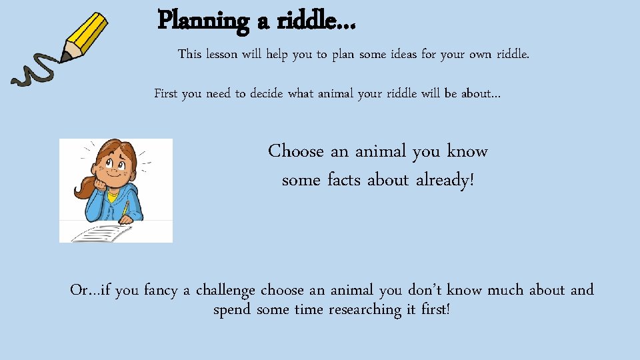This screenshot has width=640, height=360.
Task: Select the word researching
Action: pyautogui.click(x=363, y=310)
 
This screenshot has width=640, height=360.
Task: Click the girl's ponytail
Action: pyautogui.click(x=85, y=187)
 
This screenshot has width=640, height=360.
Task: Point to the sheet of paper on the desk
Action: pyautogui.click(x=100, y=233)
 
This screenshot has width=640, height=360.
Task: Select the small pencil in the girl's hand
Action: pyautogui.click(x=125, y=209)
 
